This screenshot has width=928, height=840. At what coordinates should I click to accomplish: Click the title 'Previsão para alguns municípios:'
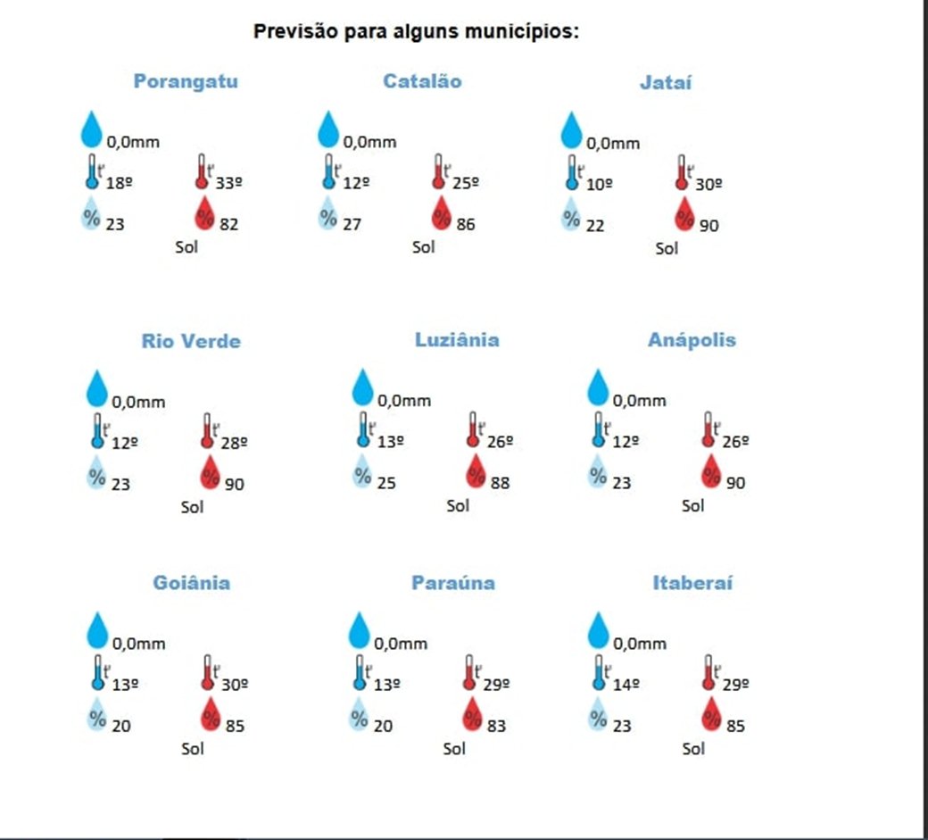click(417, 31)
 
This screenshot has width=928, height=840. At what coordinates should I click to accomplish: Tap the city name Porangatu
click(186, 81)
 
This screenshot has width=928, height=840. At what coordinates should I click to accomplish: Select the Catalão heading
click(422, 81)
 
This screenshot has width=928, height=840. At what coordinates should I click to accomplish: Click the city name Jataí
click(665, 83)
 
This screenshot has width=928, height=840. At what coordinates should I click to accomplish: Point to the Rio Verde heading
click(191, 341)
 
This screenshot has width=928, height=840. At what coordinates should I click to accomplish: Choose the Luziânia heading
click(457, 340)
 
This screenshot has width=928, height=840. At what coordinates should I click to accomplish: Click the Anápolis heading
click(692, 340)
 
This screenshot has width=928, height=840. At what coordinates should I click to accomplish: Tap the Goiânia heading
click(191, 583)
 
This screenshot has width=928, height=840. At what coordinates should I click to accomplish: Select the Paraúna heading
click(453, 583)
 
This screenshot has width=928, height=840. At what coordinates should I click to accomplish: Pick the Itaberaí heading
click(692, 583)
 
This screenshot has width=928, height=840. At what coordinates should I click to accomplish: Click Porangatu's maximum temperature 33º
click(229, 183)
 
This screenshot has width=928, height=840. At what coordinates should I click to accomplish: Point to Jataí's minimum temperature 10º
click(600, 184)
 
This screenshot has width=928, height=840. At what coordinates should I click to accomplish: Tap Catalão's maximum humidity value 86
click(466, 224)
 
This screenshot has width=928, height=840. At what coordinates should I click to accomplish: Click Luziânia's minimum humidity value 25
click(387, 483)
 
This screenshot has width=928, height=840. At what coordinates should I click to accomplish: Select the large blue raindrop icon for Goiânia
click(96, 629)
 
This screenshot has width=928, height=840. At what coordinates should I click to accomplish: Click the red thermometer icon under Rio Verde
click(207, 430)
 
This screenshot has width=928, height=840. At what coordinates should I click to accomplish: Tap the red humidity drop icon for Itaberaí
click(712, 714)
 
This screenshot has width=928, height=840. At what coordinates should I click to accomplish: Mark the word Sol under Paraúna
click(455, 748)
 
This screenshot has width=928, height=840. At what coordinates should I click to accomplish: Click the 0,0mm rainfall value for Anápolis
click(639, 401)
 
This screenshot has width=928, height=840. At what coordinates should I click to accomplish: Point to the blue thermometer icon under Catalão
click(329, 171)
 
